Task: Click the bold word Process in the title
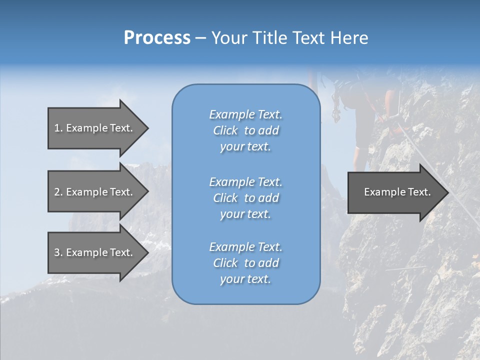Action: point(157,38)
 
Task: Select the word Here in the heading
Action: point(349,38)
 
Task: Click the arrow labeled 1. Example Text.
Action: point(95,128)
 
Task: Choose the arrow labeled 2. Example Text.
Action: point(95,192)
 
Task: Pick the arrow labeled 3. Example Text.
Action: point(95,252)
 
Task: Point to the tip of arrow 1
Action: point(147,128)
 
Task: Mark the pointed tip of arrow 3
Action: point(147,252)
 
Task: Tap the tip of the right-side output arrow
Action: point(447,192)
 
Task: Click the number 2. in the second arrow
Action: point(58,192)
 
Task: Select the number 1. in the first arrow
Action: point(58,128)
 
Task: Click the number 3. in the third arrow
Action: point(58,252)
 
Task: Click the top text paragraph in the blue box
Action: point(245,130)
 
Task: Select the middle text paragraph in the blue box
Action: point(245,198)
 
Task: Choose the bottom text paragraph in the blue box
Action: point(245,263)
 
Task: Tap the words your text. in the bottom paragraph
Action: point(245,279)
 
